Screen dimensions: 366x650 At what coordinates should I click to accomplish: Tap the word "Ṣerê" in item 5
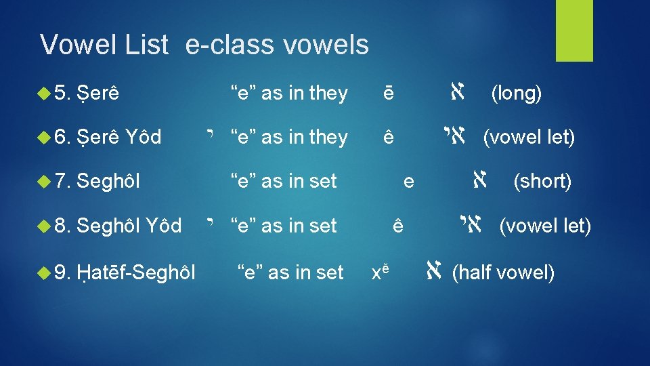98,94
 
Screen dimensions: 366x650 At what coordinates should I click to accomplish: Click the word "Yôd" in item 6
144,138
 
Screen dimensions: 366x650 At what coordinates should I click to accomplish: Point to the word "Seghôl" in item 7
108,182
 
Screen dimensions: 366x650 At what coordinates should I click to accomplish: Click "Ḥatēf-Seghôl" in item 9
136,273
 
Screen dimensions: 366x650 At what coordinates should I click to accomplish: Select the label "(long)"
516,94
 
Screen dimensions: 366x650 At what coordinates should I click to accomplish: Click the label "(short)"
542,182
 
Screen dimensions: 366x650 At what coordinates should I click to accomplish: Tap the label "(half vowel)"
502,273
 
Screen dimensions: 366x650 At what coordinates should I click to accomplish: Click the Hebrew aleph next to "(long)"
456,92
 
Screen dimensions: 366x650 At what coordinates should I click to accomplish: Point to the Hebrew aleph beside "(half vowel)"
434,272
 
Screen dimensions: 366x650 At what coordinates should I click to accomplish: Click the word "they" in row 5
328,94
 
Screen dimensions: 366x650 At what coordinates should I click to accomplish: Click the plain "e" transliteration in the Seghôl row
408,182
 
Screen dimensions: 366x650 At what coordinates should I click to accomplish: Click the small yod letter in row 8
214,222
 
